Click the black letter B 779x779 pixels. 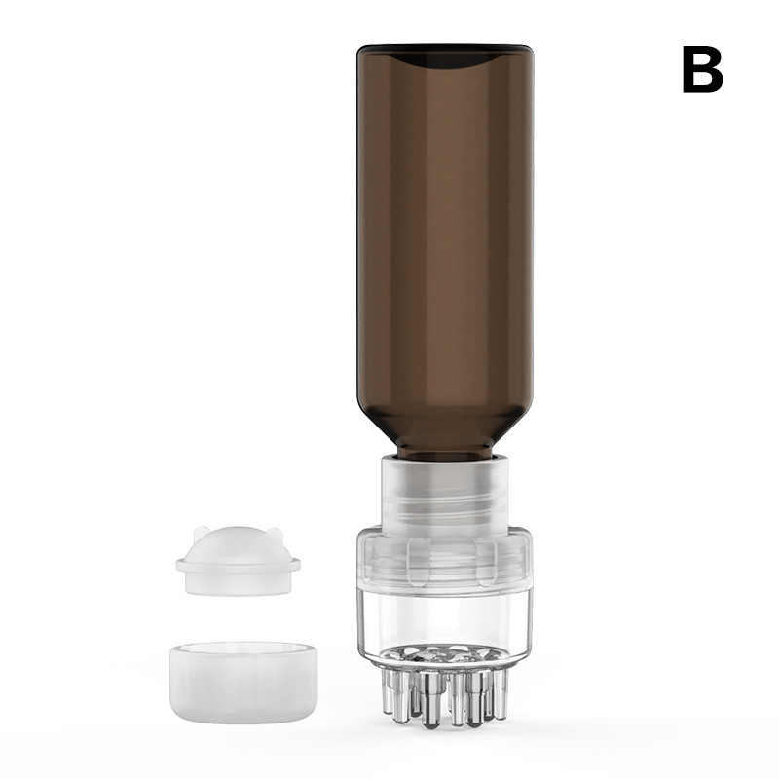[x=702, y=69]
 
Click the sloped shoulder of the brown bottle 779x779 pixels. [x=445, y=427]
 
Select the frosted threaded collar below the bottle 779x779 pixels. [x=445, y=492]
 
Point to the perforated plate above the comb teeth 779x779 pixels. [x=445, y=654]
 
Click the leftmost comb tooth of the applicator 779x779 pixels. [x=389, y=685]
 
